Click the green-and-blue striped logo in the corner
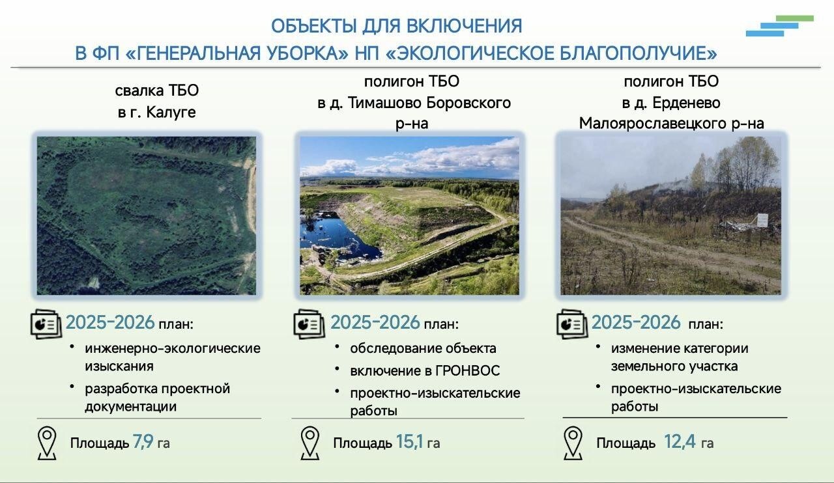coord(780,25)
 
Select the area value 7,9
coord(143,442)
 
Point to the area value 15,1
coord(409,442)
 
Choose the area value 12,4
coord(680,442)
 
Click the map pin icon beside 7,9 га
coord(47,443)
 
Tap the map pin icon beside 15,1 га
coord(309,443)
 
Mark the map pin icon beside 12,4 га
coord(573,443)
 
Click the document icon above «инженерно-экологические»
coord(46,324)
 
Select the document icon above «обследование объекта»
coord(309,324)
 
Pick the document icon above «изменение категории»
coord(572,324)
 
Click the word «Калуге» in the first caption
coord(171,112)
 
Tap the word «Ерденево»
coord(687,103)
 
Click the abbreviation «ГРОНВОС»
coord(467,370)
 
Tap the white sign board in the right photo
coord(762,220)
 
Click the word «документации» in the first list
coord(131,406)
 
